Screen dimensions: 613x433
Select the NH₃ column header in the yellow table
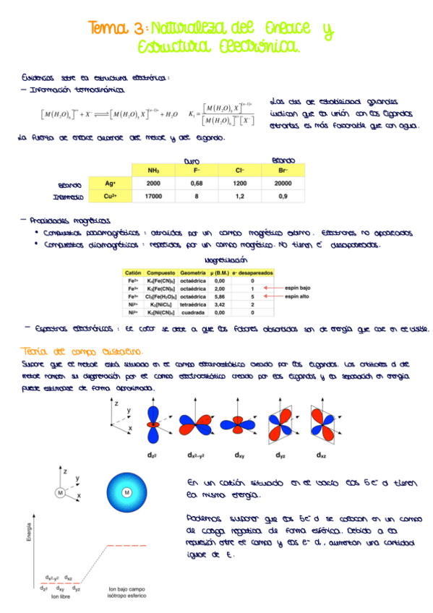tap(153, 170)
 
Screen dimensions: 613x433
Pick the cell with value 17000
tap(153, 197)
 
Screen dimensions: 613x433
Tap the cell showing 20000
tap(283, 184)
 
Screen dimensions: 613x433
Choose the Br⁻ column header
tap(283, 170)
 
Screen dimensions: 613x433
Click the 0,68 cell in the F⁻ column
tap(196, 184)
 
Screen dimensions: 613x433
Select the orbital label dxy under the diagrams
tap(239, 456)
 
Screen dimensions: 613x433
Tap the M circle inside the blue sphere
tap(127, 493)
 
